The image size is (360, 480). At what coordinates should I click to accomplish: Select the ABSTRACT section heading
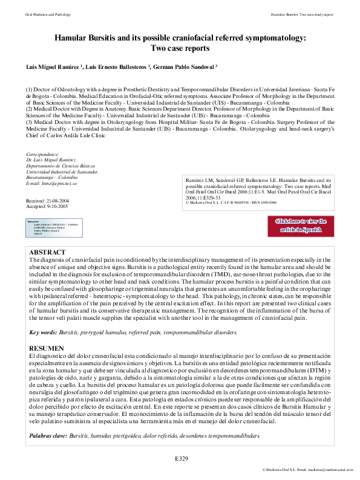(47, 251)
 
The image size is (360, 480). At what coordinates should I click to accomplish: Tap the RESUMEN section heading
(47, 348)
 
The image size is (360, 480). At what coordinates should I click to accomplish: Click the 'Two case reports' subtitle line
(180, 48)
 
